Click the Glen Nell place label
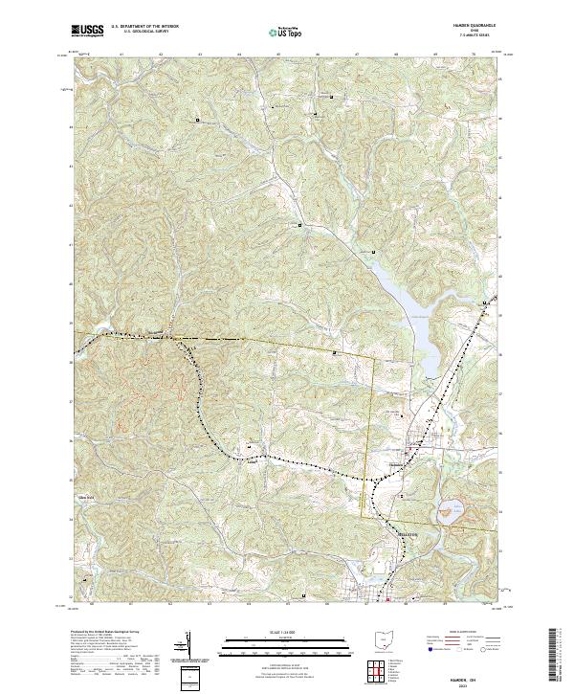click(88, 497)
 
